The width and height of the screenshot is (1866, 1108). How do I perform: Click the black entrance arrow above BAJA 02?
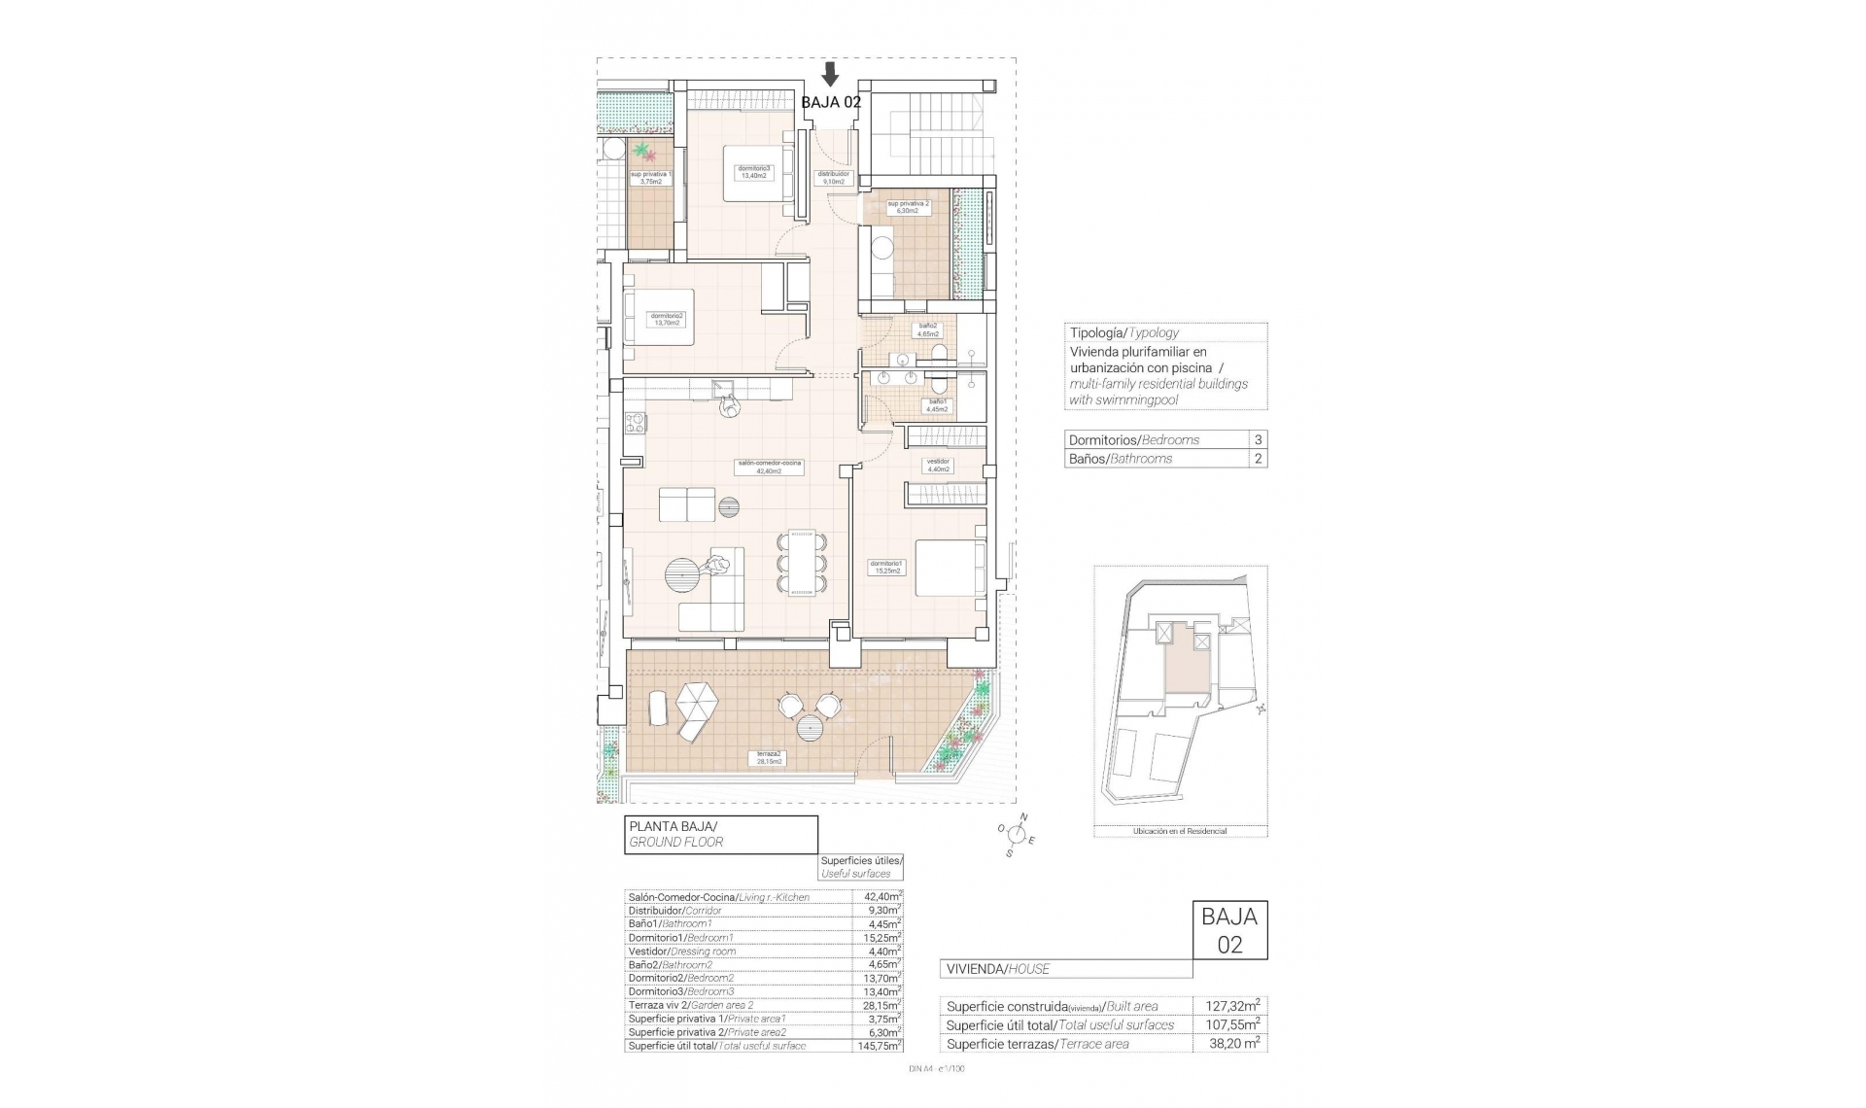tap(830, 74)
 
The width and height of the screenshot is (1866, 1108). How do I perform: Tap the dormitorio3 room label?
tap(753, 172)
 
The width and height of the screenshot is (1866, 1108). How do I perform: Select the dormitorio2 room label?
tap(667, 319)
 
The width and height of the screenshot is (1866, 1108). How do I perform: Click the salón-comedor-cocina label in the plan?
tap(769, 467)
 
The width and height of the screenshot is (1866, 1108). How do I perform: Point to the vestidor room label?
tap(938, 466)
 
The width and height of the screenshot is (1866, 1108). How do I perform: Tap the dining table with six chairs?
tap(802, 564)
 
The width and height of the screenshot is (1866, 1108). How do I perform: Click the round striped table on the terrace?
tap(811, 726)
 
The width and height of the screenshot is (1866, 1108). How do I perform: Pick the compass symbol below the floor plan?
tap(1017, 834)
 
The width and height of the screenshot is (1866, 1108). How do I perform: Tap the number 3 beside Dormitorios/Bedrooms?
tap(1258, 439)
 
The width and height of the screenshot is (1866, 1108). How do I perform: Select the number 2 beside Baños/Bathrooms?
tap(1258, 459)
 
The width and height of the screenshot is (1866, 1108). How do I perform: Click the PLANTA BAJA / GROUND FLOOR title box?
tap(720, 834)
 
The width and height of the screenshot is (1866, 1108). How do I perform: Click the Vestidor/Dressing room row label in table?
tap(682, 952)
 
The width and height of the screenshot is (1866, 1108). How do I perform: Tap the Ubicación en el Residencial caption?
tap(1179, 831)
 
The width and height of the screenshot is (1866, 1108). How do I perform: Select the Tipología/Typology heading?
tap(1123, 332)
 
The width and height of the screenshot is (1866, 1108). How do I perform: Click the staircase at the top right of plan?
tap(930, 136)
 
